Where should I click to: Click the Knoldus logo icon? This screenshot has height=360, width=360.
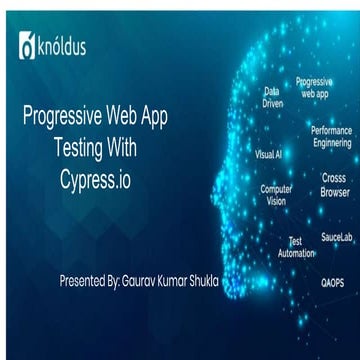[26, 47]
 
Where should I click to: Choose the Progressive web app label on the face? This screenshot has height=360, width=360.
[315, 86]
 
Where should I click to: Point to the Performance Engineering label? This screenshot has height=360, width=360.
[331, 137]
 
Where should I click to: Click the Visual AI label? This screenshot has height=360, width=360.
[268, 155]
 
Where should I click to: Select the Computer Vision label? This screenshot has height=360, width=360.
[277, 194]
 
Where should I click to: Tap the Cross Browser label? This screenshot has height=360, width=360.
[334, 185]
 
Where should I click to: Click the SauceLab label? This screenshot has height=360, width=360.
[336, 238]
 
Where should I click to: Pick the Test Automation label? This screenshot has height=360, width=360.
[295, 247]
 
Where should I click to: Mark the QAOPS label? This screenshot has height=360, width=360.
[332, 283]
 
